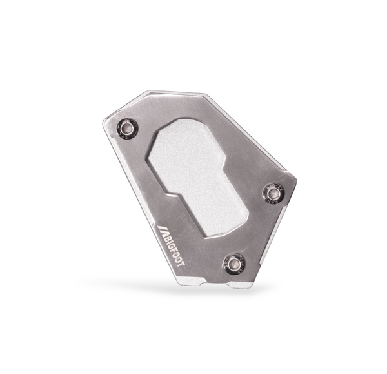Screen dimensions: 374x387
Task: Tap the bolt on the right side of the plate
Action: [x=272, y=192]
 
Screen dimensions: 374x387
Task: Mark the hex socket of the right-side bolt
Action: [x=272, y=192]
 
